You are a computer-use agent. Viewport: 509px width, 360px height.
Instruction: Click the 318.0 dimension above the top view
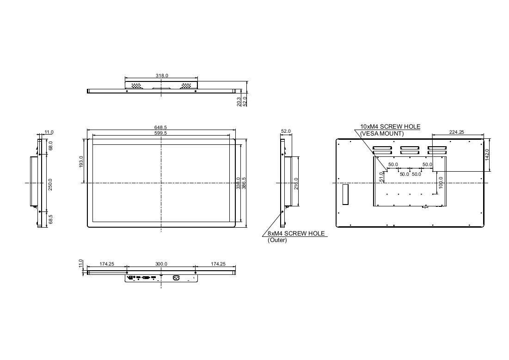click(162, 76)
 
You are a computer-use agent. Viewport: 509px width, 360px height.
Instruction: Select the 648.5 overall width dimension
click(160, 128)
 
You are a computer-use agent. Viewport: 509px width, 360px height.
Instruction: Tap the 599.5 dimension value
click(160, 133)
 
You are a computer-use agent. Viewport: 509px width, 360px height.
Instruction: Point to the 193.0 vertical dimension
click(81, 161)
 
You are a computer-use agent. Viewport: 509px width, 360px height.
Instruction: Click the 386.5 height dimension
click(244, 183)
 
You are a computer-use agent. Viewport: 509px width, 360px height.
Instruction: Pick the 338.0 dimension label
click(238, 183)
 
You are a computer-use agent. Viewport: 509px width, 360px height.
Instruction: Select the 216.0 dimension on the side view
click(296, 184)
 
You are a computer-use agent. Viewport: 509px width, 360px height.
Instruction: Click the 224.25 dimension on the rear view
click(456, 132)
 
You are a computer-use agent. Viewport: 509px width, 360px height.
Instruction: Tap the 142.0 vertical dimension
click(487, 155)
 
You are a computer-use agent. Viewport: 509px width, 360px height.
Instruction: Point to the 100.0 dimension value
click(441, 183)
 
